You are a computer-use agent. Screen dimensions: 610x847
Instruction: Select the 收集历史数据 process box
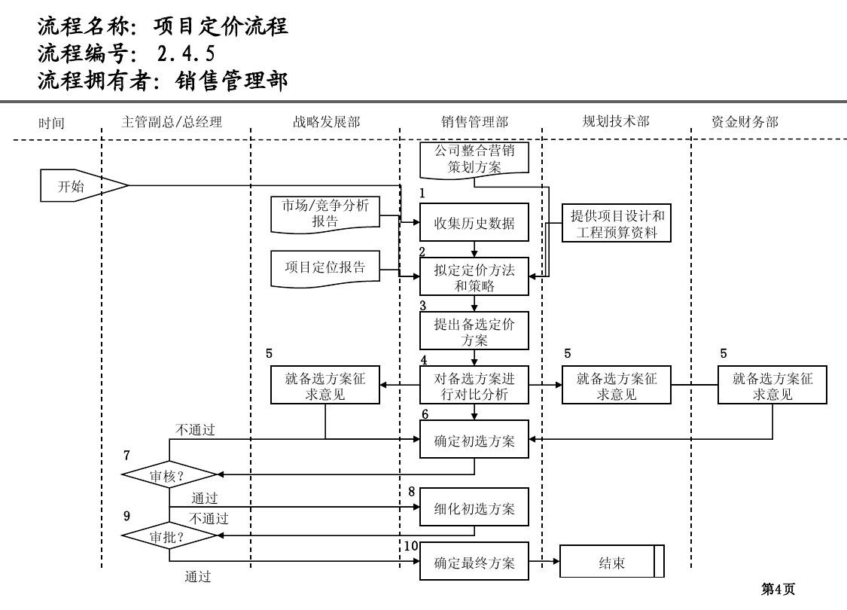pos(474,223)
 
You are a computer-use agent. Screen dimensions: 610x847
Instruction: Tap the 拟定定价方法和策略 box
pos(474,277)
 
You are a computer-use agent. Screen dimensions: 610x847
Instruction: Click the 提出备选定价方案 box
pos(474,331)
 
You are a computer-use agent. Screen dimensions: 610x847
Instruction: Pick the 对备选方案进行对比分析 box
pos(474,385)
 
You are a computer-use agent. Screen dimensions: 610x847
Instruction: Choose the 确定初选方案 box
pos(474,441)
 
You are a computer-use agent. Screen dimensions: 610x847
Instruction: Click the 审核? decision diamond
pos(169,475)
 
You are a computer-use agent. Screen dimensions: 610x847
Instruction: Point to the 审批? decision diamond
pos(169,537)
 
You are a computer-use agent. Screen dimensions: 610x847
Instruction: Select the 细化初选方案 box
pos(474,508)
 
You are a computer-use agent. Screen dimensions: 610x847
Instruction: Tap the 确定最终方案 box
pos(474,562)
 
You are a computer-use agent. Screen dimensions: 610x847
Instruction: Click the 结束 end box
pos(611,563)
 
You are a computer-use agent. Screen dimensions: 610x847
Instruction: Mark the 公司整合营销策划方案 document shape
pos(474,159)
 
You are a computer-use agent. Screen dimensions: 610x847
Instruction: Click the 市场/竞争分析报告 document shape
pos(325,213)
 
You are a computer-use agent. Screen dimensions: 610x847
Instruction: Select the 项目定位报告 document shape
pos(325,267)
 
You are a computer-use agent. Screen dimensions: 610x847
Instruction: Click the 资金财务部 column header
pos(745,121)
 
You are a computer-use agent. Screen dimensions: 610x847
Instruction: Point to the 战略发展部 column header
pos(326,121)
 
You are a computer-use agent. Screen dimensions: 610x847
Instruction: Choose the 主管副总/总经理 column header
pos(172,121)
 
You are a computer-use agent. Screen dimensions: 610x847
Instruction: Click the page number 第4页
pos(778,590)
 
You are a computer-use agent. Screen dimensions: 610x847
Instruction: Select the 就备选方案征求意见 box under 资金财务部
pos(772,386)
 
